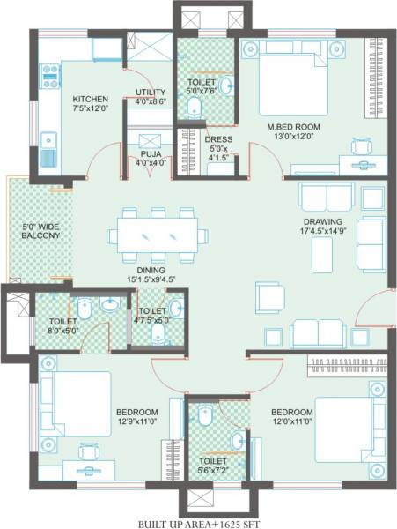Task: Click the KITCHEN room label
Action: tap(90, 99)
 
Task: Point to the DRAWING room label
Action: tap(326, 222)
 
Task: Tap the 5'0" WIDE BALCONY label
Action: tap(40, 232)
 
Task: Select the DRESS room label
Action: tap(217, 138)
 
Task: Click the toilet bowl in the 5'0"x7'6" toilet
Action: tap(193, 107)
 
